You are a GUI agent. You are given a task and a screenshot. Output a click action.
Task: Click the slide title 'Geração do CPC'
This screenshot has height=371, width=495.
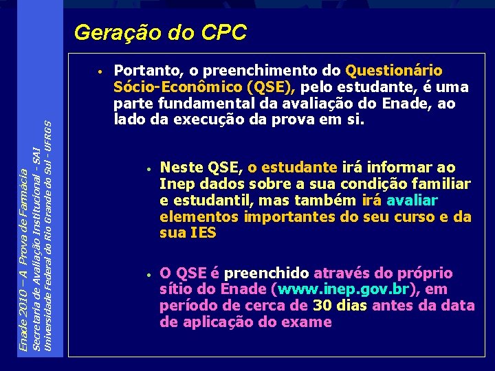pos(159,32)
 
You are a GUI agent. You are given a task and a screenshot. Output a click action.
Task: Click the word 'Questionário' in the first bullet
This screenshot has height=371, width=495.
pos(394,71)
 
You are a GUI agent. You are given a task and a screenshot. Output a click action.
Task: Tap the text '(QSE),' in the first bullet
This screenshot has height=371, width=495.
pos(273,87)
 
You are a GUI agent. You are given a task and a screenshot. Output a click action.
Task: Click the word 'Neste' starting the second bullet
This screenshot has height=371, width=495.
pos(181,168)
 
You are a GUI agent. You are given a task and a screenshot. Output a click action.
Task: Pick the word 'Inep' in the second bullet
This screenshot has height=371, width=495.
pos(174,184)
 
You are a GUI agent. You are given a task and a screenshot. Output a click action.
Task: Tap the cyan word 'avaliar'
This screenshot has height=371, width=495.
pos(412,201)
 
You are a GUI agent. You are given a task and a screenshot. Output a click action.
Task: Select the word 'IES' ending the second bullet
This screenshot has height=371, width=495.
pos(202,233)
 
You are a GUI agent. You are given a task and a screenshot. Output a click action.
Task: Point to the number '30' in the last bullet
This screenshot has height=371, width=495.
pos(323,306)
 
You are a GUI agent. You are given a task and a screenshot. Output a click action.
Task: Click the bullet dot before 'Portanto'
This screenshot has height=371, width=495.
pos(100,71)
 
